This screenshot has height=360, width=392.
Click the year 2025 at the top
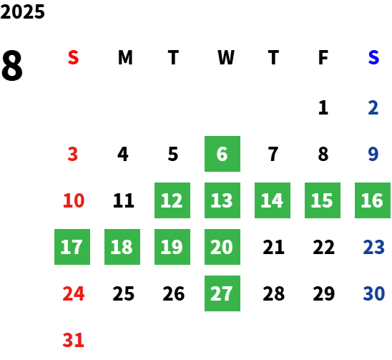point(22,11)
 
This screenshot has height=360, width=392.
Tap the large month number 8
point(11,65)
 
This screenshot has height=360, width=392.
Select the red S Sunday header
point(73,57)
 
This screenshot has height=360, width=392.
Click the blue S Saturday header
point(373,57)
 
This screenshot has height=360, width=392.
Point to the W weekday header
point(226,57)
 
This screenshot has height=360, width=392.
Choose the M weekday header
point(125,57)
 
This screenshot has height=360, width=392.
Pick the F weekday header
point(323,57)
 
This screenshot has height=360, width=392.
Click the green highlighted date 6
point(222,154)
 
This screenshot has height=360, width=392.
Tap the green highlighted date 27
point(222,293)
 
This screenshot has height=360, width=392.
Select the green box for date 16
point(373,200)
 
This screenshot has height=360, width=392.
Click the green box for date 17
point(72,247)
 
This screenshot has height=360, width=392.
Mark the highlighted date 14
point(273,200)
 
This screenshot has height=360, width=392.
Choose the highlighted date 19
point(172,247)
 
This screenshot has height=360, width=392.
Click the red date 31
point(73,340)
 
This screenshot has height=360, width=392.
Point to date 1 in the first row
point(323,107)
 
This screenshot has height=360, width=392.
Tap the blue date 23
point(373,247)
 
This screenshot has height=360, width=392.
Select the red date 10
point(74,200)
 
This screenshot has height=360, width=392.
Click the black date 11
point(124,200)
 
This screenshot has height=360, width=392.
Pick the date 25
point(124,293)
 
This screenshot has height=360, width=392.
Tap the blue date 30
point(373,293)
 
